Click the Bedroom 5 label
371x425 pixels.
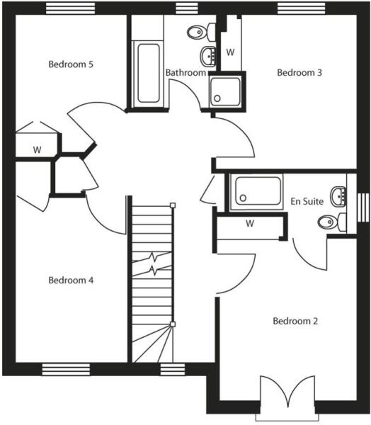point(71,64)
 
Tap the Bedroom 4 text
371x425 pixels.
point(71,280)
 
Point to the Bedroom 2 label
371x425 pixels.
point(295,321)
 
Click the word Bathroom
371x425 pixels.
point(185,72)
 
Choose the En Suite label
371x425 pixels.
point(307,202)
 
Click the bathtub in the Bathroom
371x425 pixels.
point(149,73)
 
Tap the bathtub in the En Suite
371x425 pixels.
point(258,191)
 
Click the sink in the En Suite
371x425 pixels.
point(341,193)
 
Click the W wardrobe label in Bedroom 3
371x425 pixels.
point(230,52)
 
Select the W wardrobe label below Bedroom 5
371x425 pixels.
point(36,150)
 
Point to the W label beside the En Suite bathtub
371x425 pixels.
point(249,224)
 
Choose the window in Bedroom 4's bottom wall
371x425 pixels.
point(66,368)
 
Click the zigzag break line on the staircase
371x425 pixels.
point(152,263)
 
